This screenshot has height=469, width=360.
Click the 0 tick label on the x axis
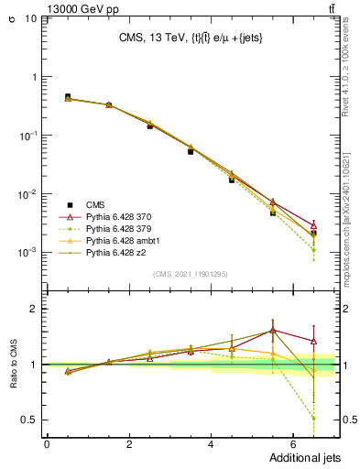pyautogui.click(x=48, y=444)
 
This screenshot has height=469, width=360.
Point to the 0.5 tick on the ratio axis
pyautogui.click(x=33, y=420)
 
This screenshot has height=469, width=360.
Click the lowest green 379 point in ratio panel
pyautogui.click(x=313, y=418)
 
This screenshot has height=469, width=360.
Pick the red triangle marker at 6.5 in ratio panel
pyautogui.click(x=313, y=341)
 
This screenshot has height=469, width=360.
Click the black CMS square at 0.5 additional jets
pyautogui.click(x=68, y=96)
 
